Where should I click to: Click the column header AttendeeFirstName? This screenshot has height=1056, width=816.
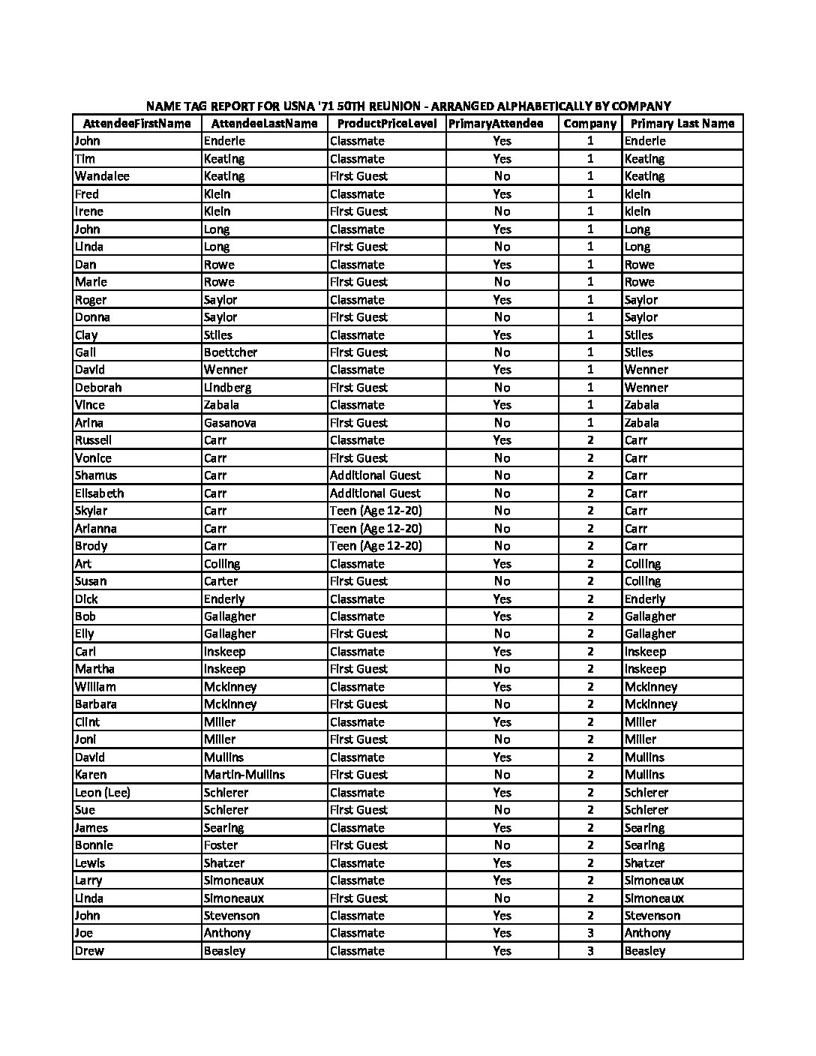click(x=136, y=124)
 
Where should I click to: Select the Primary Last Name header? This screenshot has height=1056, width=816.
click(x=682, y=124)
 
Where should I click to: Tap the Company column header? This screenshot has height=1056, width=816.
click(x=589, y=124)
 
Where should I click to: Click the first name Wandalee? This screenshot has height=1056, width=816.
click(x=102, y=176)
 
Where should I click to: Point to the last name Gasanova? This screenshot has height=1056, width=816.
click(x=229, y=423)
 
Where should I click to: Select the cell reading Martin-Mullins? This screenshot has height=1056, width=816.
click(x=244, y=775)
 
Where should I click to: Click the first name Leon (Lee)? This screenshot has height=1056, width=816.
click(x=103, y=793)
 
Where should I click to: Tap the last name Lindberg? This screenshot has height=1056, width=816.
click(x=227, y=388)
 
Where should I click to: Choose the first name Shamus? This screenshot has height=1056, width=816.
click(x=96, y=475)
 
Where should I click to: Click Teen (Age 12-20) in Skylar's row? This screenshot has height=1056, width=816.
click(x=376, y=511)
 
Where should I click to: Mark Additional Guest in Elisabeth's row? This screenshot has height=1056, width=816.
click(x=375, y=493)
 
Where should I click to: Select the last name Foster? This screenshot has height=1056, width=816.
click(x=220, y=845)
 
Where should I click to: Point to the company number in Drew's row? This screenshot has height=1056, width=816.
click(x=590, y=951)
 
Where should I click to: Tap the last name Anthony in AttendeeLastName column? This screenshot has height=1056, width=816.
click(x=227, y=933)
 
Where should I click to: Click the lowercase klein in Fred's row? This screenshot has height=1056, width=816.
click(x=637, y=194)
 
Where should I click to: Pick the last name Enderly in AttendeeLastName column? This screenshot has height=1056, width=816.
click(x=223, y=599)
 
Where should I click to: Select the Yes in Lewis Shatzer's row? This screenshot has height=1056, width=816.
click(x=502, y=863)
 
